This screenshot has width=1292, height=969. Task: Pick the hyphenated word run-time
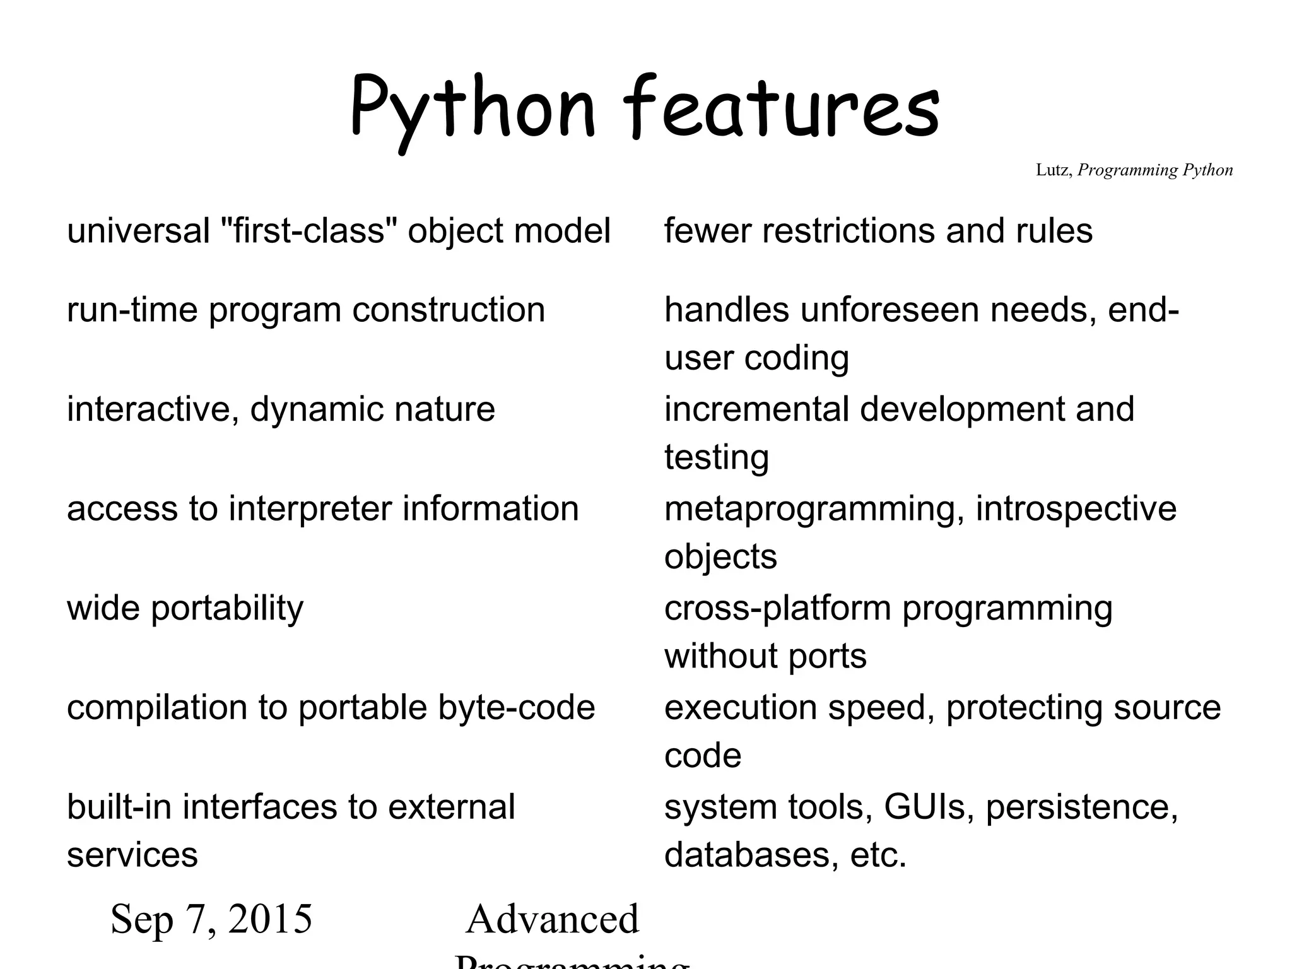click(x=132, y=310)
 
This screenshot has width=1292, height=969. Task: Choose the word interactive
click(x=152, y=409)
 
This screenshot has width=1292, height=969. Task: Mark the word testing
click(x=717, y=458)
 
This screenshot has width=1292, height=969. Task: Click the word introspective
click(x=1076, y=509)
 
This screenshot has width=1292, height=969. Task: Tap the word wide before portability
click(x=103, y=608)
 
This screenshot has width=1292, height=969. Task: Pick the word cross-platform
click(x=777, y=608)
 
